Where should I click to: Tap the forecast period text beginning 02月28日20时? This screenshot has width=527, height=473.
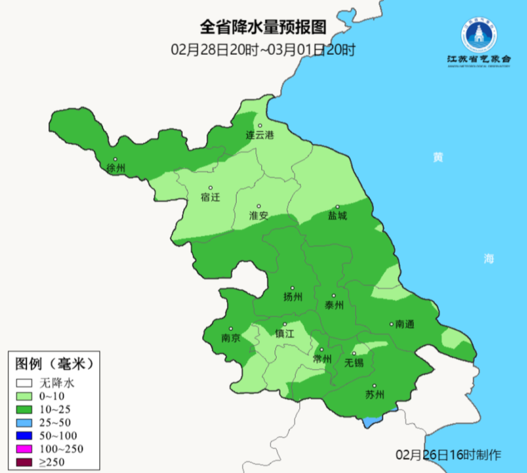263,50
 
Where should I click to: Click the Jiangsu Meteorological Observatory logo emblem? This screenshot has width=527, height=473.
478,36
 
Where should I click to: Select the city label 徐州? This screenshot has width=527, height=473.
116,167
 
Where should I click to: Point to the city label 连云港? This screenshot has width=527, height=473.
259,135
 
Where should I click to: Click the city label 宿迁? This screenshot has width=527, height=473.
210,197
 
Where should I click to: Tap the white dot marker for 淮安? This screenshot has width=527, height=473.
259,206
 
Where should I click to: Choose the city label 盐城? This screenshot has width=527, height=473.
338,216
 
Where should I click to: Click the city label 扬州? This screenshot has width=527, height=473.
293,297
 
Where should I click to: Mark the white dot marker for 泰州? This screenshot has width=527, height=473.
334,295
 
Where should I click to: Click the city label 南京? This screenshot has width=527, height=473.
231,338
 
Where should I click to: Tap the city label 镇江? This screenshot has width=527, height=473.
285,334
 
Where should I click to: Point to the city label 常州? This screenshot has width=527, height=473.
322,359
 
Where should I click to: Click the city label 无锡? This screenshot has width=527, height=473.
354,363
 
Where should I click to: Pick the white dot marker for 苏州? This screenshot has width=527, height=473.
374,386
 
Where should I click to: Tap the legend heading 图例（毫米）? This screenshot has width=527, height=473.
53,363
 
